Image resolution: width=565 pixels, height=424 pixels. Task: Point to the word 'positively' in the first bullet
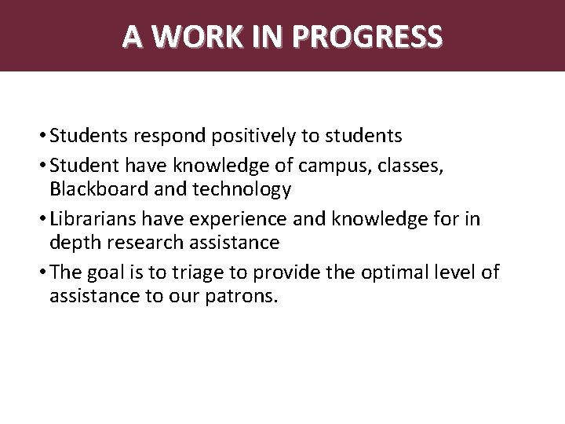(258, 137)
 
